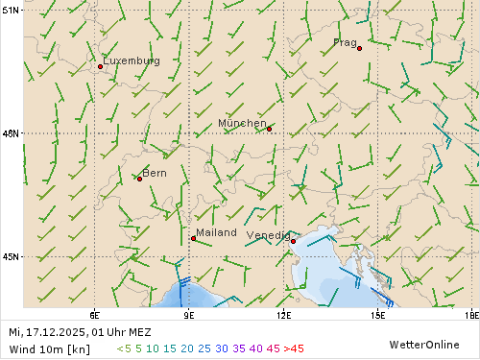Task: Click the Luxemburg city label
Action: point(132,60)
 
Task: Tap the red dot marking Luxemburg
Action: point(101,66)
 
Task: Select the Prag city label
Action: point(345,42)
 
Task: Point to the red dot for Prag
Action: point(359,48)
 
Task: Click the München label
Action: point(242,123)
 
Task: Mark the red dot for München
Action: point(269,129)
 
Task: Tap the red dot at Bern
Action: point(139,179)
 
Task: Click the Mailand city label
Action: point(216,232)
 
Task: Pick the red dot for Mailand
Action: point(193,238)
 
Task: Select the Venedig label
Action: point(268,235)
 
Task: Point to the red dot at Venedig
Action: point(293,241)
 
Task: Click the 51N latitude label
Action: point(11,11)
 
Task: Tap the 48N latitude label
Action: point(11,133)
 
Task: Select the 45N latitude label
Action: point(11,256)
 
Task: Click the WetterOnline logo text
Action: point(423,343)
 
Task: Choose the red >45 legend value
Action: point(294,348)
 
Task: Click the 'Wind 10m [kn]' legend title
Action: point(44,348)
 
